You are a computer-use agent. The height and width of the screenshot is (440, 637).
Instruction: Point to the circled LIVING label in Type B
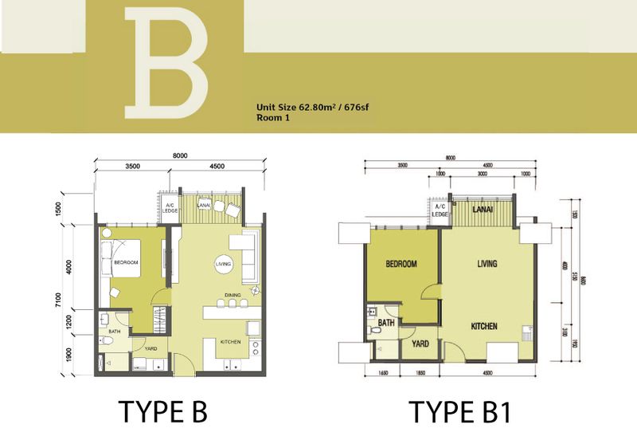pyautogui.click(x=224, y=264)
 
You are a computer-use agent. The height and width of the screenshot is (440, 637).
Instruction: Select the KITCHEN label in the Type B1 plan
pyautogui.click(x=484, y=327)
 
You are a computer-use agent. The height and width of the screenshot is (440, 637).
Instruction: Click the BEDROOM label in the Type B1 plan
pyautogui.click(x=403, y=265)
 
